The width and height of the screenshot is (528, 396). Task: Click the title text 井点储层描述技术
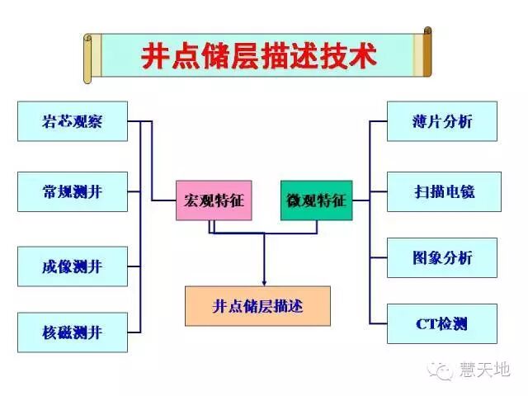coord(258,57)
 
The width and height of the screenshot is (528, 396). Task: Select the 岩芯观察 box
coord(73,121)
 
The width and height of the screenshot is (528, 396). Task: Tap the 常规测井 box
coord(73,191)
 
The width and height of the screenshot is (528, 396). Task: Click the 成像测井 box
coord(73,266)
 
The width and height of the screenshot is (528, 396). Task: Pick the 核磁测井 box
coord(73,332)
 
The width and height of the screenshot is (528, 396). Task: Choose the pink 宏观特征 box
coord(214,200)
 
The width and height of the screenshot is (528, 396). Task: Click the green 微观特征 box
coord(316,200)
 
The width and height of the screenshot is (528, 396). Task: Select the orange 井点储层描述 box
coord(257,306)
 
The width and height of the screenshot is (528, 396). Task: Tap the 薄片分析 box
coord(442,121)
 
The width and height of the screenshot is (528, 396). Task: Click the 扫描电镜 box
coord(444,191)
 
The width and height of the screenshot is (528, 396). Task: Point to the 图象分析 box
coord(442,257)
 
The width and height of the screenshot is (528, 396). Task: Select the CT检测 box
coord(442,323)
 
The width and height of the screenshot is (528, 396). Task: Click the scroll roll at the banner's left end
coord(89,58)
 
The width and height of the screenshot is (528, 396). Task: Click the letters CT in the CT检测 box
coord(427,323)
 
